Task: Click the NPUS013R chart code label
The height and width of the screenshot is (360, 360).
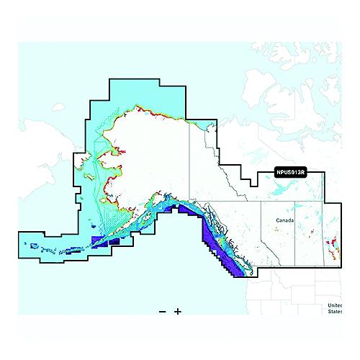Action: pos(291,173)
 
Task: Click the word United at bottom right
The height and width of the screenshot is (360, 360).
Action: pos(336,305)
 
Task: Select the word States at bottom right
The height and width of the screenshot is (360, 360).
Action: pos(336,312)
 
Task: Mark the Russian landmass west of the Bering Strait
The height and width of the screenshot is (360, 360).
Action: pos(36,144)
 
